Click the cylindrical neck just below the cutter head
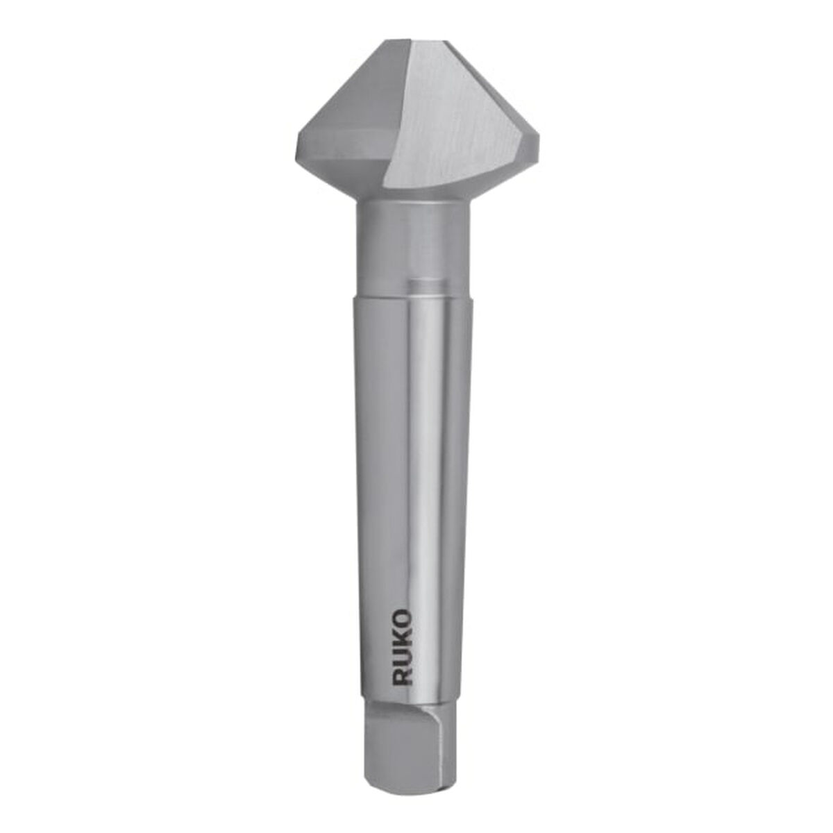413,236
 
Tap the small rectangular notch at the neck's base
425,285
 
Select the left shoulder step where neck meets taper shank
357,295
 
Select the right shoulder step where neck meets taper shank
474,295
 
